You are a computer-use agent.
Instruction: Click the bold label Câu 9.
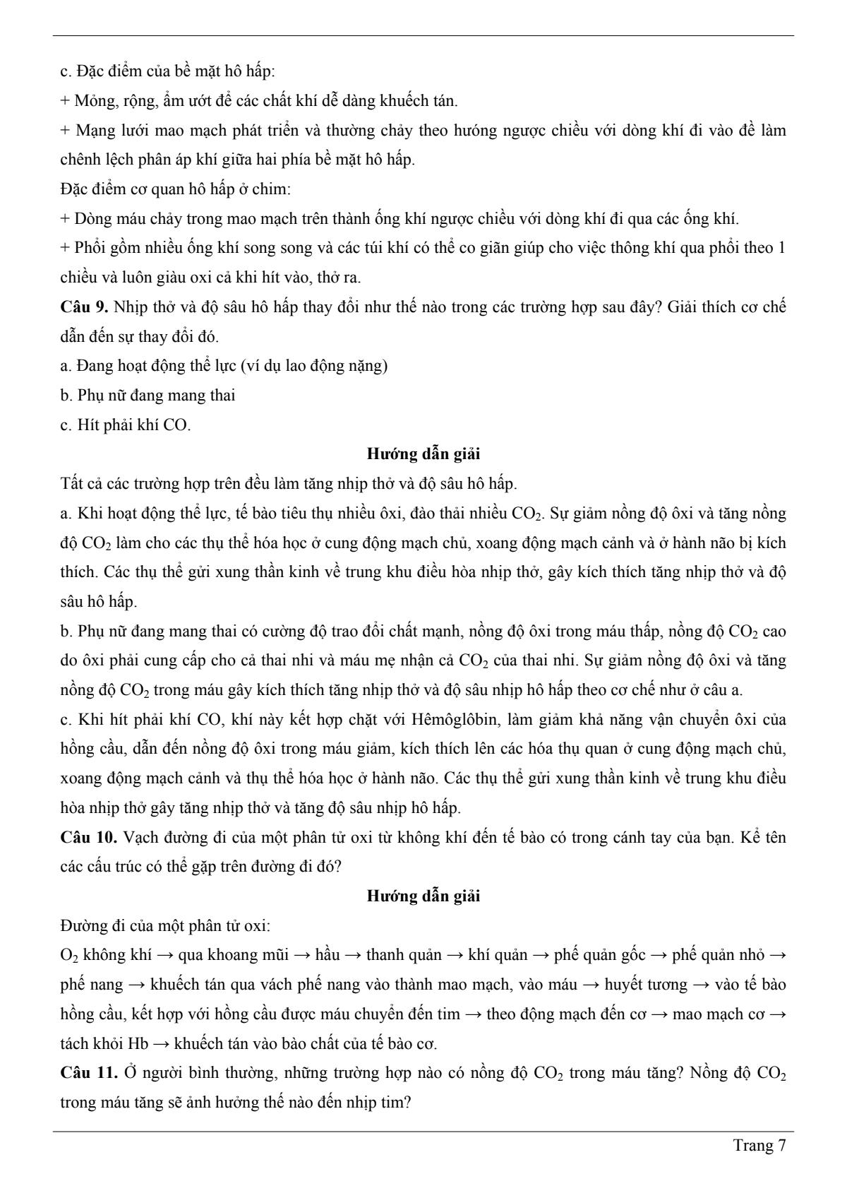(x=84, y=307)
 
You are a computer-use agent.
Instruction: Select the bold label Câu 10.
(x=89, y=838)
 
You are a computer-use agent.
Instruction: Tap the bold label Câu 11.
(x=89, y=1073)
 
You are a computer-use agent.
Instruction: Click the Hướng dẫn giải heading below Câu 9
(x=423, y=454)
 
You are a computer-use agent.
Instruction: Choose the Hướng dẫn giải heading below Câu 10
(x=423, y=896)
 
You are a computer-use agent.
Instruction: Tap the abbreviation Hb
(x=139, y=1044)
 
